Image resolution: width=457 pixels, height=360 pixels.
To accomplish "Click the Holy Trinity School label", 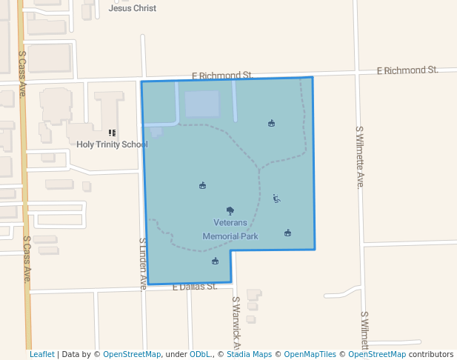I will click(x=112, y=144).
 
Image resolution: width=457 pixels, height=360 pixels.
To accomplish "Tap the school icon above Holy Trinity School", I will click(x=113, y=133).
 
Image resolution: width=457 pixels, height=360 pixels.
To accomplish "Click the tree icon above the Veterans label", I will click(x=230, y=211).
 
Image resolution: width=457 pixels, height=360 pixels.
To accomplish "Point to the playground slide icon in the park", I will click(x=276, y=198).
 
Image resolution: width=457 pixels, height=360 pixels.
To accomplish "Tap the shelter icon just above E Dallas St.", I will click(x=215, y=261).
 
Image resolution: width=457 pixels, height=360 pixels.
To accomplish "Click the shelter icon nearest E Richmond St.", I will click(x=271, y=124).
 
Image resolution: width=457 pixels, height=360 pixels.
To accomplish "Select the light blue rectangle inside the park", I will click(x=202, y=104).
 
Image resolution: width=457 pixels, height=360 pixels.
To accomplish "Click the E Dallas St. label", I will click(x=195, y=286).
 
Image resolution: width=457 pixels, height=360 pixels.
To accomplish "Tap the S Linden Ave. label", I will click(x=143, y=264).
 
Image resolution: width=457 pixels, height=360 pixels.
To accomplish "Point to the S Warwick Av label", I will click(x=236, y=323).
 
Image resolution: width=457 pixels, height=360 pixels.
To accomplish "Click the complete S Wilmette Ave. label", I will click(x=360, y=156).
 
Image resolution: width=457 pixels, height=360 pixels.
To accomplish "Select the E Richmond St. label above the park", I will click(x=222, y=76).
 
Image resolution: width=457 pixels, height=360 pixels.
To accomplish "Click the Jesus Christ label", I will click(x=133, y=9).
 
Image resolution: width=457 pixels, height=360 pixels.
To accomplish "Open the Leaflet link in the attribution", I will click(x=41, y=354).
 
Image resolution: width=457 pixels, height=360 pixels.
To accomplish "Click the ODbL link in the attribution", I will click(x=200, y=354).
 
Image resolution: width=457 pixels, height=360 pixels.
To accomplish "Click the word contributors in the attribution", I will click(x=431, y=354).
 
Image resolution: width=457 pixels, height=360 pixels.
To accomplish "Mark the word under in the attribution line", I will click(x=176, y=354).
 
